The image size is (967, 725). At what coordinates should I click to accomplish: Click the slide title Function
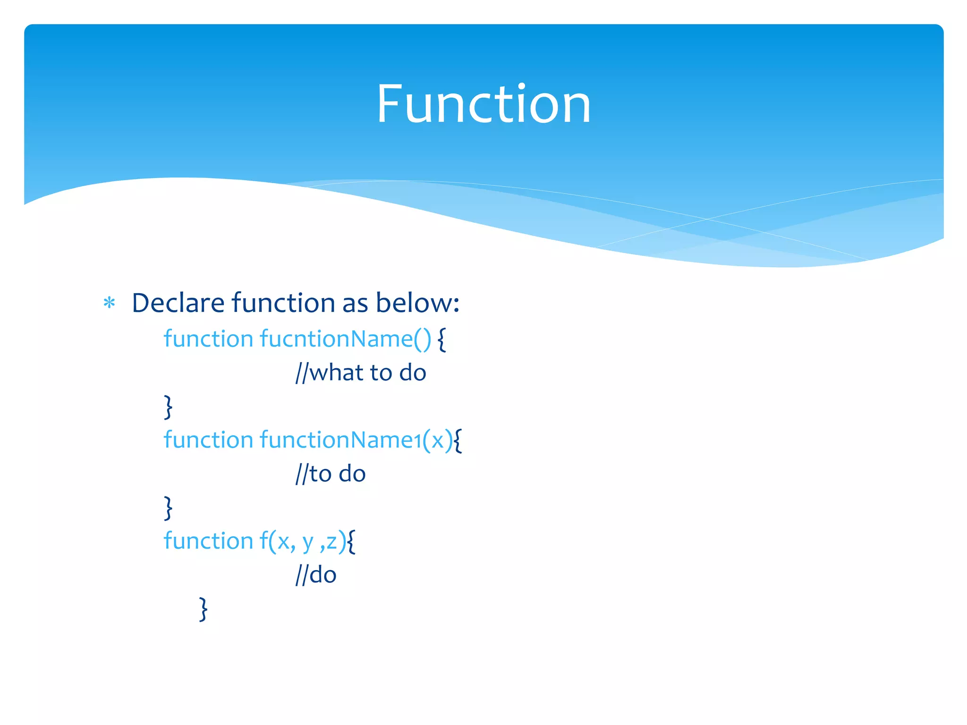[483, 104]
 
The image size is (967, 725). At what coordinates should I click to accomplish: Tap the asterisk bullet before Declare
[110, 303]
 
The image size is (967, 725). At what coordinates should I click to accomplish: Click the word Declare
[178, 303]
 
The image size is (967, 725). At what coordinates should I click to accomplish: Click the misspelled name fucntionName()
[345, 339]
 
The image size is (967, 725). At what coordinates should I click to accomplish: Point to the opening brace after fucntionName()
[441, 340]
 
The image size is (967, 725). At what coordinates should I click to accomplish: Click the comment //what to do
[361, 373]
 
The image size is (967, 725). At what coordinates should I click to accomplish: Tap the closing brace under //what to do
[168, 407]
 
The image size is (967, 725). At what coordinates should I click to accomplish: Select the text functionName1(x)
[356, 440]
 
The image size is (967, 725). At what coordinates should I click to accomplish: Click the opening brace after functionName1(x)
[458, 441]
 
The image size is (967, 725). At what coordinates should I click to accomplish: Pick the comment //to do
[331, 474]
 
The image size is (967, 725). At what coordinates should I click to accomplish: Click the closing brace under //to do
[168, 508]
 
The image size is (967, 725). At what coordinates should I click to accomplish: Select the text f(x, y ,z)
[303, 541]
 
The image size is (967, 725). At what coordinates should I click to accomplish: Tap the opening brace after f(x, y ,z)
[351, 542]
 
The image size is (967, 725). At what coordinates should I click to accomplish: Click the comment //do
[316, 575]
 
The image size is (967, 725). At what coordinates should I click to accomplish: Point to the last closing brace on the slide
[203, 609]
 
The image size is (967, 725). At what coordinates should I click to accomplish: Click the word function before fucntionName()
[208, 339]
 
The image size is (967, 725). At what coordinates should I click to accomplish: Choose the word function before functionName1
[208, 440]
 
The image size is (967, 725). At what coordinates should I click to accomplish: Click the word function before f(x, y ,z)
[208, 541]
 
